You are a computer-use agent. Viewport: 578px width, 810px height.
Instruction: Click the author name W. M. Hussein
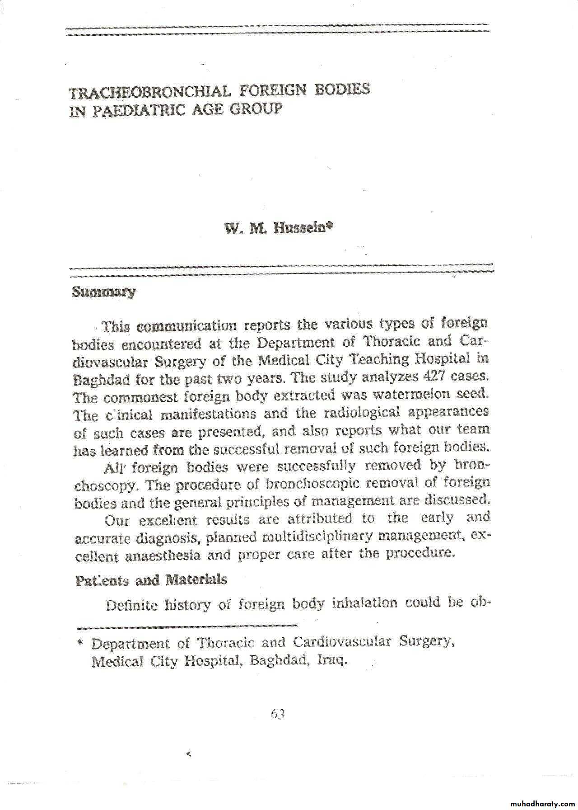coord(279,228)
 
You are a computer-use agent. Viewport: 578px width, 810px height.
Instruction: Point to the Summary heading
coord(104,292)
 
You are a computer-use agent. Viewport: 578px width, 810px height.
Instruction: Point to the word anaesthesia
coord(163,556)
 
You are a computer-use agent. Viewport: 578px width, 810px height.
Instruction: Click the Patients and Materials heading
coord(151,580)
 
